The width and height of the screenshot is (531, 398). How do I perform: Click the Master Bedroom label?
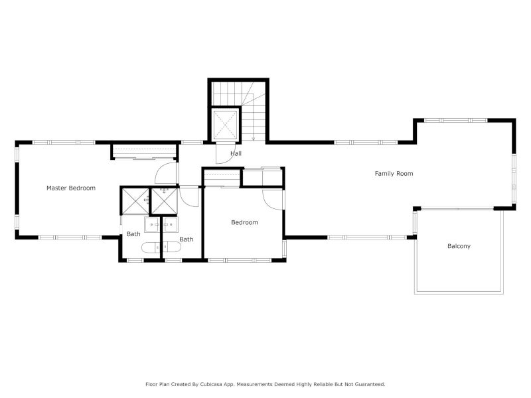[x=71, y=188]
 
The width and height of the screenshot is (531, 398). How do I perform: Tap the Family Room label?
[x=394, y=174]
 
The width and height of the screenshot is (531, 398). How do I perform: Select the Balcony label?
[x=459, y=246]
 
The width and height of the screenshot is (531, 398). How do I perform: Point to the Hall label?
[x=236, y=153]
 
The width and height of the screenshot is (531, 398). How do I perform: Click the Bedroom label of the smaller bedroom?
[x=244, y=222]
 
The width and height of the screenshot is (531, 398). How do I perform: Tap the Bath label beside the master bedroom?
[x=133, y=234]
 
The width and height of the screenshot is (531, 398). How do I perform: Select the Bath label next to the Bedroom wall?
[x=187, y=239]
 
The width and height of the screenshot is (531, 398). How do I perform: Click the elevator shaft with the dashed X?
[x=225, y=125]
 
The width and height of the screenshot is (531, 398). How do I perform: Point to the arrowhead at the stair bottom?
[x=254, y=139]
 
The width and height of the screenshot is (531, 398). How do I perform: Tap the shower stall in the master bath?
[x=135, y=201]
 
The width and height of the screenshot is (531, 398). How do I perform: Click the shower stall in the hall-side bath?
[x=164, y=201]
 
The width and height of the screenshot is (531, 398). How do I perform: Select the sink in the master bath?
[x=152, y=224]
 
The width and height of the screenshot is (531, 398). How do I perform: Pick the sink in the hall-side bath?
[x=171, y=224]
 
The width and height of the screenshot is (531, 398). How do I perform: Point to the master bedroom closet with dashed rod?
[x=145, y=151]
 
